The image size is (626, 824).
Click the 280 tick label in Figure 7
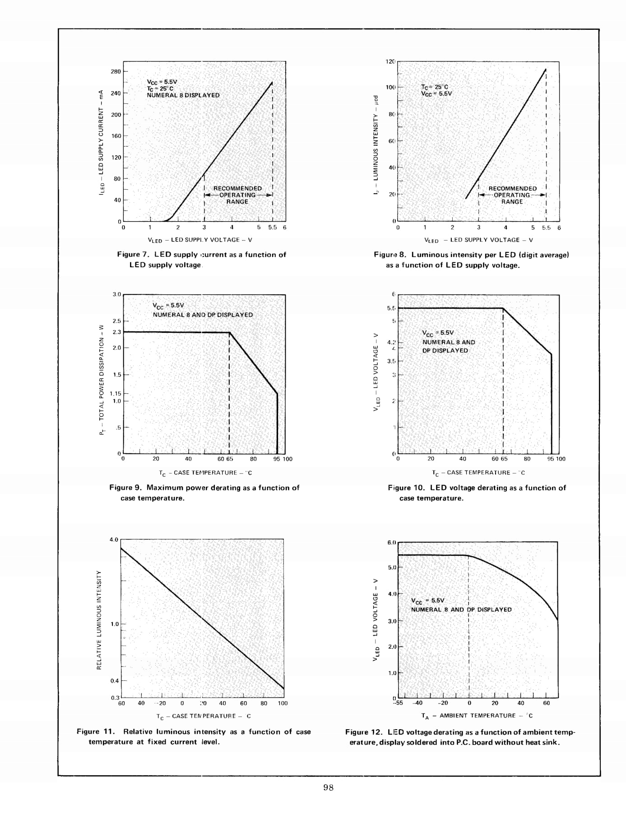click(x=116, y=71)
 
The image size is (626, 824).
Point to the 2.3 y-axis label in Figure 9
click(x=116, y=332)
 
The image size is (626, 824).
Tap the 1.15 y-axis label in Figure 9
click(x=115, y=393)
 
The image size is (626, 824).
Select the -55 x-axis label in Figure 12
click(x=397, y=703)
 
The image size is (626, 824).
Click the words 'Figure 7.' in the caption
click(x=133, y=255)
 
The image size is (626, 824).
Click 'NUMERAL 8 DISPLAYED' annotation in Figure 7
click(x=183, y=95)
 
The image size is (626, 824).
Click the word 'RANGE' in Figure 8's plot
click(x=512, y=202)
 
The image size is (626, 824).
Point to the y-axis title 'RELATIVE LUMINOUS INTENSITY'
click(x=99, y=620)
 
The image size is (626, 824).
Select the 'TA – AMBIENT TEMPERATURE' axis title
click(x=477, y=716)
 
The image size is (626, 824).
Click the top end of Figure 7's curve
click(x=272, y=83)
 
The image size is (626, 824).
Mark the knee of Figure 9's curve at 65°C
click(x=230, y=333)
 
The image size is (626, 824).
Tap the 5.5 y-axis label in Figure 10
click(x=391, y=308)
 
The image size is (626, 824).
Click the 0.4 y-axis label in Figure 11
click(x=115, y=680)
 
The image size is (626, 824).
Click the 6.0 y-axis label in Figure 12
click(x=391, y=542)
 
